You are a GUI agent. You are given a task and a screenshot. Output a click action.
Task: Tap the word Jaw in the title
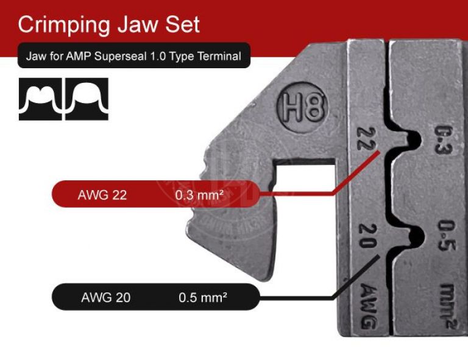[138, 25]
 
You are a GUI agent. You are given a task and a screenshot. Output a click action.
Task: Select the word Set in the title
[183, 25]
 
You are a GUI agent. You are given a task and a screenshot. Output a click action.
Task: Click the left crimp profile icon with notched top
[40, 99]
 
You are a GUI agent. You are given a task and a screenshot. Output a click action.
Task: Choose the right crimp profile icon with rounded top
[87, 99]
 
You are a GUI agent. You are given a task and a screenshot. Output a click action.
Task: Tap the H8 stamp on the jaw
[302, 109]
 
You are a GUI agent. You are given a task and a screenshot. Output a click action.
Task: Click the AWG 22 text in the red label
[102, 196]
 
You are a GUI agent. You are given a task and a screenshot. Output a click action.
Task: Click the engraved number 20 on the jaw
[367, 236]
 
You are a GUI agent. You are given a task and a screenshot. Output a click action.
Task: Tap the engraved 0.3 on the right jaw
[445, 140]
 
